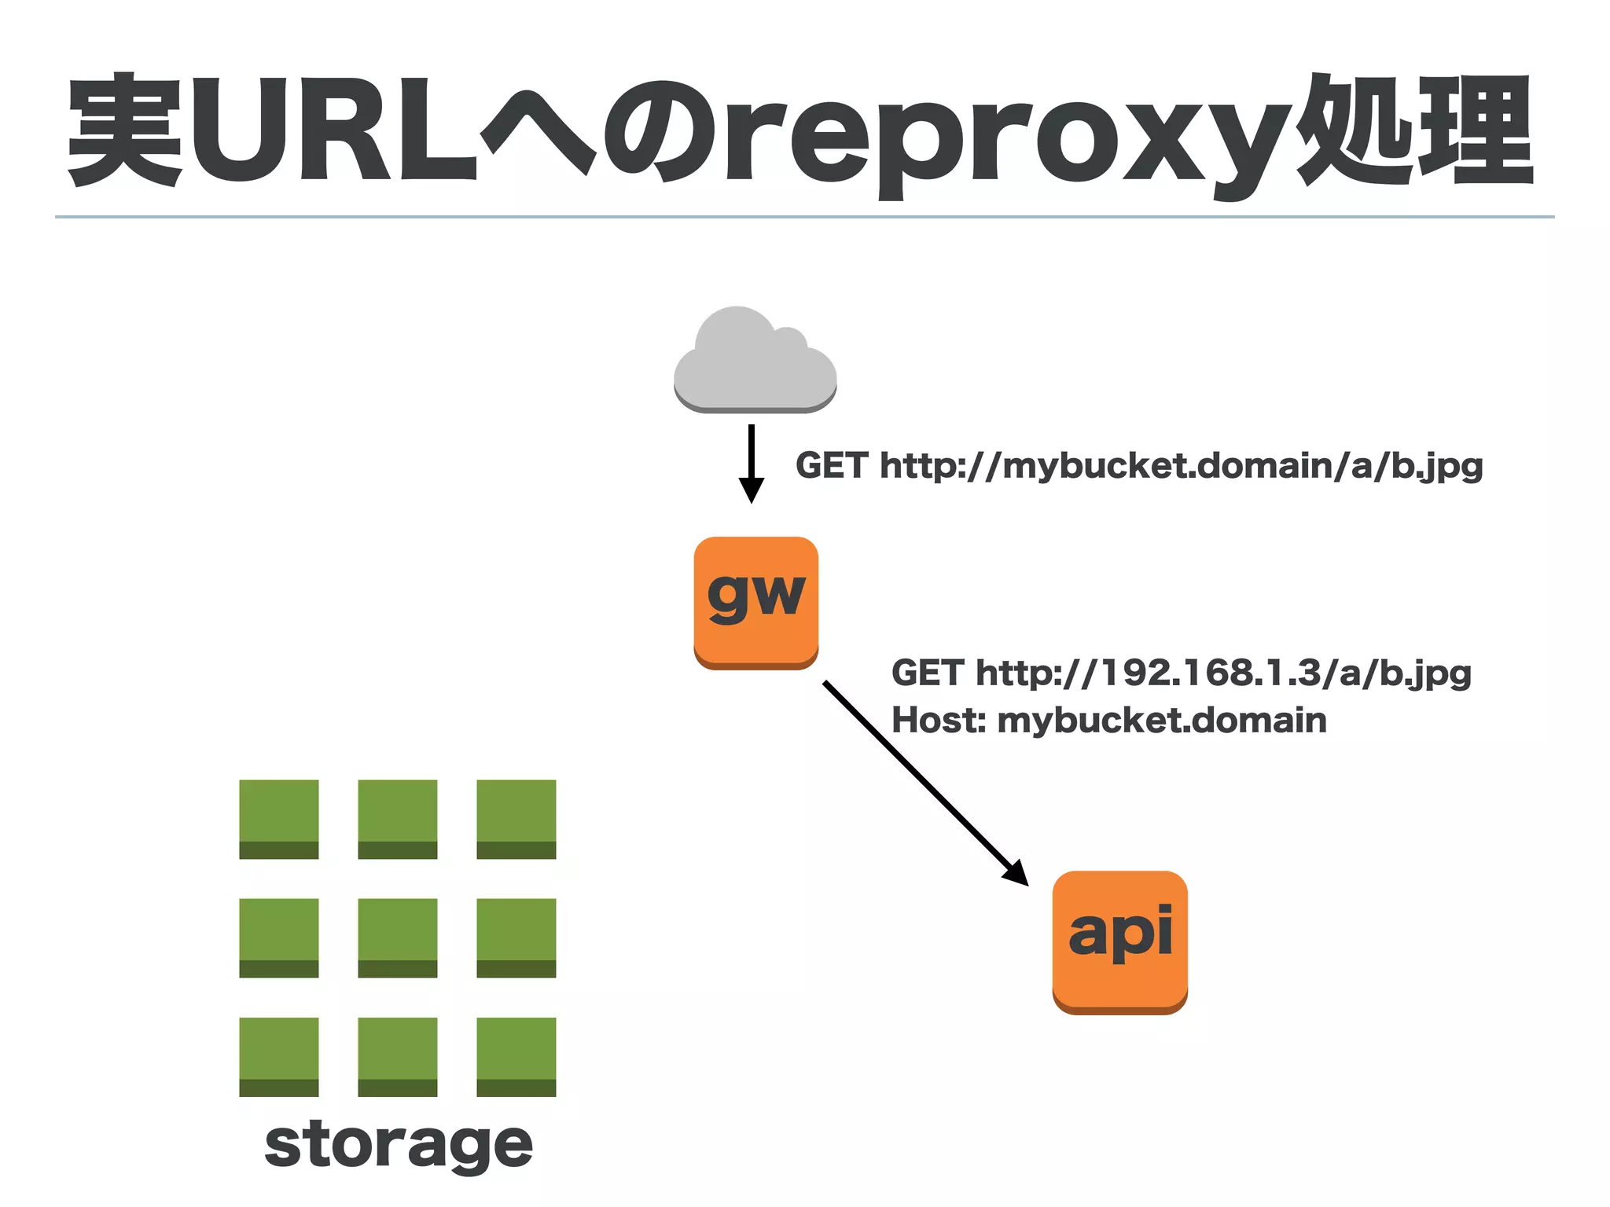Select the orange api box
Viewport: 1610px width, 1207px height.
tap(1119, 941)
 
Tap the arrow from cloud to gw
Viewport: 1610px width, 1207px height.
tap(752, 464)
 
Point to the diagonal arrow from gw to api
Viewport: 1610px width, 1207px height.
tap(924, 782)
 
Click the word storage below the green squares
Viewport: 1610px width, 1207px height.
tap(399, 1145)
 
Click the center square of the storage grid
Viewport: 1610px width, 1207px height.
tap(398, 937)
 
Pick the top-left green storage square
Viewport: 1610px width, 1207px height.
tap(279, 819)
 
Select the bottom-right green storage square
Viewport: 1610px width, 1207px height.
tap(516, 1056)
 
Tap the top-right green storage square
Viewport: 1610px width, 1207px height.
tap(516, 819)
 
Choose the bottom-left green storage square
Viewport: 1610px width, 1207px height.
tap(279, 1056)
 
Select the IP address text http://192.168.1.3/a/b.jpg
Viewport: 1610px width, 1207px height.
tap(1223, 673)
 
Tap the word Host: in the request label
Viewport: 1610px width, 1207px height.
tap(939, 721)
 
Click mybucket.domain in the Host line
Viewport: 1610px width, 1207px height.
tap(1162, 721)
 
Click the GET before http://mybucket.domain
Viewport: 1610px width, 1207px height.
tap(832, 466)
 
